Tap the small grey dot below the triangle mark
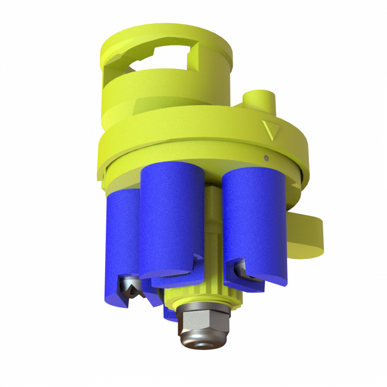pyautogui.click(x=267, y=158)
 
